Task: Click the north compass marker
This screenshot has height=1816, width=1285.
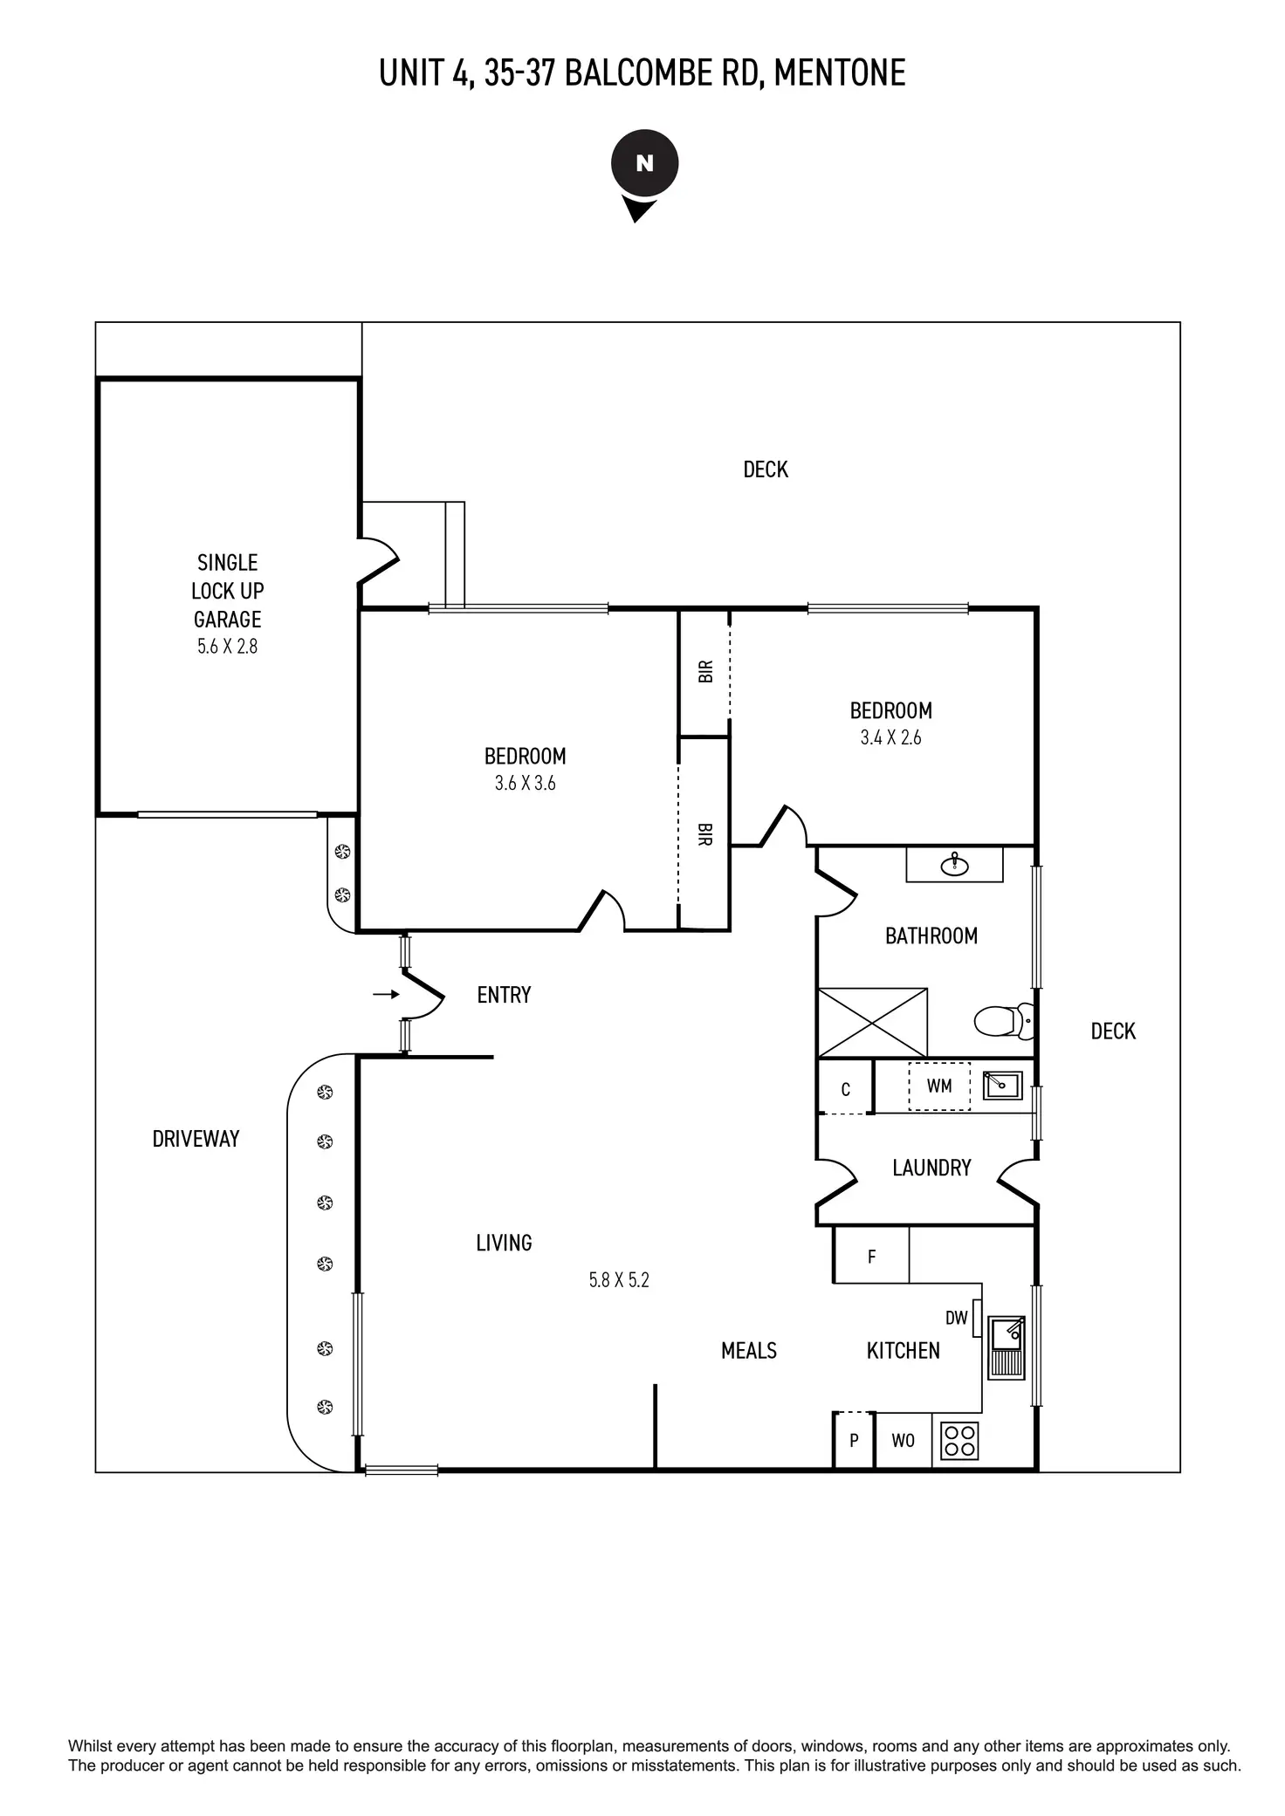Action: click(644, 164)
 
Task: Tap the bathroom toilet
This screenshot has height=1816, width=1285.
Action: click(1002, 1020)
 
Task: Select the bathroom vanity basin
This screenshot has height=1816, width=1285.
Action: click(955, 865)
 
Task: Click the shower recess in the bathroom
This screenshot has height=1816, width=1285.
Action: click(872, 1022)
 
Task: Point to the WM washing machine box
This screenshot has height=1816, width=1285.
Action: click(938, 1086)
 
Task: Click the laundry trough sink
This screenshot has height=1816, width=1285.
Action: click(1002, 1085)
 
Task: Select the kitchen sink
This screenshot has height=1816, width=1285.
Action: click(1007, 1347)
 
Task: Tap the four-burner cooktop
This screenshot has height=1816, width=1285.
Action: click(959, 1441)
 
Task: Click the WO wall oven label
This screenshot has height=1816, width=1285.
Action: click(903, 1441)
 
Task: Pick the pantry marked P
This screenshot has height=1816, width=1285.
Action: click(854, 1441)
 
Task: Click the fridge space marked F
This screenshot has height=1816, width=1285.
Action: click(871, 1257)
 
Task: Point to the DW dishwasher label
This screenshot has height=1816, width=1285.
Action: click(956, 1318)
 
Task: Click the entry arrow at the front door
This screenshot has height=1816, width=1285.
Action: click(386, 994)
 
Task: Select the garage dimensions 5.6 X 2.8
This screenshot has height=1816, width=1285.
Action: click(227, 647)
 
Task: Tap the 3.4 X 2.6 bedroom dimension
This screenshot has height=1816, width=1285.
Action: click(890, 737)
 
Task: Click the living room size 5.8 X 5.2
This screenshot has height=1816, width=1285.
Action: click(619, 1280)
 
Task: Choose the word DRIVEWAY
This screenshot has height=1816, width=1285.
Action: click(196, 1139)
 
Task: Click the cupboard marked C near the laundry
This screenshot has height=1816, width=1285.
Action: click(845, 1089)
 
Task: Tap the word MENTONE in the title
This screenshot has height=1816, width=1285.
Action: click(840, 73)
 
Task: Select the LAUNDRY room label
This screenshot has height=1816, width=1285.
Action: click(931, 1168)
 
